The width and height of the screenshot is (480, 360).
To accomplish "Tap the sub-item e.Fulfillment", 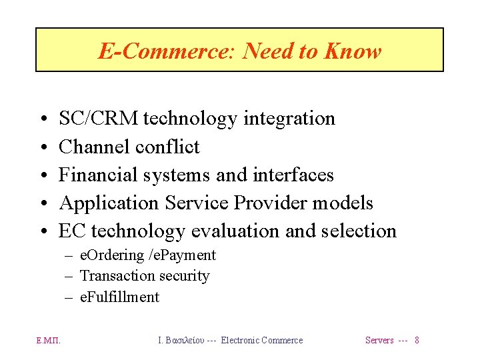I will pos(119,297).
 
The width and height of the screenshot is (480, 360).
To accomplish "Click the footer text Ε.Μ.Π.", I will pos(48,341).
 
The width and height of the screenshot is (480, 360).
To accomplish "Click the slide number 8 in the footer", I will pos(417,341).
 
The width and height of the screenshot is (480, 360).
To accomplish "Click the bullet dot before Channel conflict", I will pos(42,147).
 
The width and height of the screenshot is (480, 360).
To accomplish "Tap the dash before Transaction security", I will pos(69,276).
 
